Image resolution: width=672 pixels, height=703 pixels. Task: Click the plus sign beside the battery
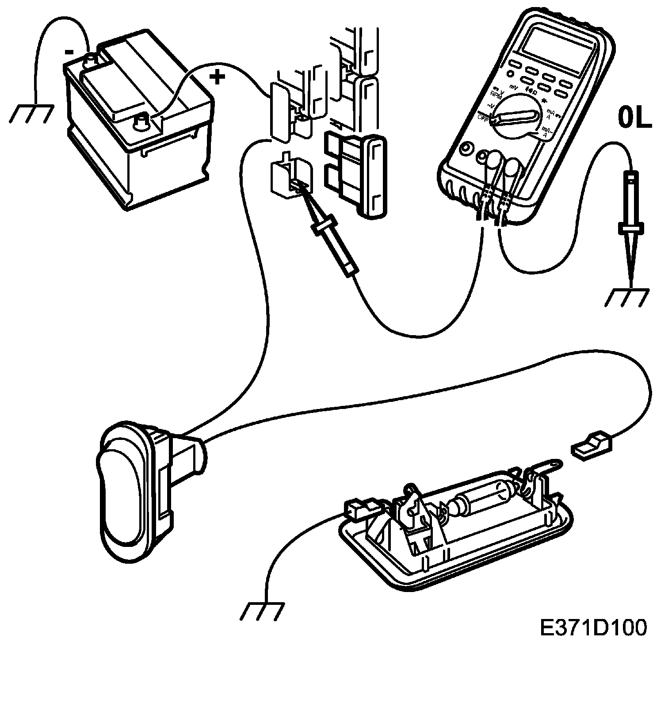[217, 78]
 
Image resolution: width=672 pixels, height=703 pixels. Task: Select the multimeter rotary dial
[516, 116]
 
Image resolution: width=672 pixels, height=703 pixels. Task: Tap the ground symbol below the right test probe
[627, 298]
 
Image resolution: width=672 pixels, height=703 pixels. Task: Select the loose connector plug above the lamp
[592, 447]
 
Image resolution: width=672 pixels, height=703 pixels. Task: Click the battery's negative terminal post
[92, 59]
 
